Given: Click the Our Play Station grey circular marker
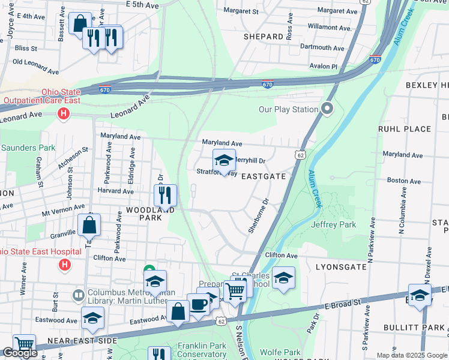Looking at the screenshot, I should click(x=327, y=109).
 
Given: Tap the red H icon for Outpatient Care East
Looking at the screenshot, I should click(x=62, y=113).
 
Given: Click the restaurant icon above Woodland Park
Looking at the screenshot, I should click(x=164, y=194).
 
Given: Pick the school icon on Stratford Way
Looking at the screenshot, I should click(x=224, y=161).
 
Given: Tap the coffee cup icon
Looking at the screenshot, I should click(x=199, y=304).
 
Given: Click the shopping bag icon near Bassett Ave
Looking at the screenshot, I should click(x=80, y=23).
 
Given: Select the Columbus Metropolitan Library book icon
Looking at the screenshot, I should click(x=78, y=295).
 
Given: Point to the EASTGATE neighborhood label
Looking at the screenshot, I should click(x=263, y=176).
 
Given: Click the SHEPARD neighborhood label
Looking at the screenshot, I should click(x=263, y=37).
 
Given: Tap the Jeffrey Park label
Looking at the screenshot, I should click(x=334, y=225).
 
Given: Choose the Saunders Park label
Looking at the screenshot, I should click(x=28, y=148).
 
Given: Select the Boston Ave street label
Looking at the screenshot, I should click(x=401, y=180).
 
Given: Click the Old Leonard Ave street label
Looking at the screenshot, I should click(x=35, y=67).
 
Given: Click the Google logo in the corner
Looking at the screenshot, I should click(x=20, y=353).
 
